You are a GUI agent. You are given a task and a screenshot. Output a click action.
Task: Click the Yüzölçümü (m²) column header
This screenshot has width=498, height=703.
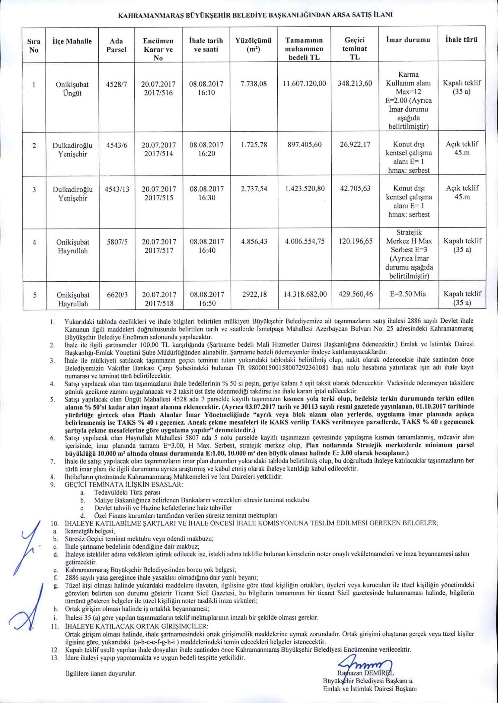point(253,45)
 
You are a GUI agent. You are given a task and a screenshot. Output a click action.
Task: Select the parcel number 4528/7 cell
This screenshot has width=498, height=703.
point(117,83)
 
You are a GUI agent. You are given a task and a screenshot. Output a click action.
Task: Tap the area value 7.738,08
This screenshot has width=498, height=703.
point(253,83)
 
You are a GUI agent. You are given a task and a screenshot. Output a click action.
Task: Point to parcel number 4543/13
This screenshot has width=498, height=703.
point(117,189)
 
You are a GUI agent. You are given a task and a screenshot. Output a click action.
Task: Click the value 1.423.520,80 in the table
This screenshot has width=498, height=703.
point(305,189)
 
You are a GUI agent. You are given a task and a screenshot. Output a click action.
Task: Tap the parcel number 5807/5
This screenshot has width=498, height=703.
point(117,241)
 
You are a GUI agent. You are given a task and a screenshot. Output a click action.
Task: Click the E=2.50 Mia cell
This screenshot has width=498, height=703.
point(408,294)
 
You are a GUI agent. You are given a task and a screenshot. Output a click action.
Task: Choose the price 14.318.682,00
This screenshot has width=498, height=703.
point(305,294)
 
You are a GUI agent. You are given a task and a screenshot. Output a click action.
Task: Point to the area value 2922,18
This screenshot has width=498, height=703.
point(254,294)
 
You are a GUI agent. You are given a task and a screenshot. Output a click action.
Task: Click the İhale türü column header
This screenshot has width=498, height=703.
point(461,40)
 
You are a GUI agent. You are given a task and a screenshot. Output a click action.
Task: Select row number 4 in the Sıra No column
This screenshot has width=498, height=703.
point(34,241)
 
